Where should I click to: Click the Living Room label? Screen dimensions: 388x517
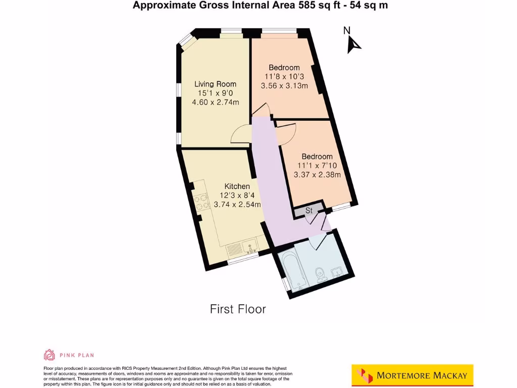coord(216,84)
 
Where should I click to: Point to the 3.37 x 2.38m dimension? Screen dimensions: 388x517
coord(317,175)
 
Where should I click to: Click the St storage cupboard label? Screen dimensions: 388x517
coord(309,211)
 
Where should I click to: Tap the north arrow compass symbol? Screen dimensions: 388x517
coord(352,44)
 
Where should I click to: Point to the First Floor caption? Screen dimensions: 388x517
coord(238,309)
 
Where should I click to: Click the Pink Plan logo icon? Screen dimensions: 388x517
coord(49,355)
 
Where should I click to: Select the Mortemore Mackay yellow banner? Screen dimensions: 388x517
coord(412,375)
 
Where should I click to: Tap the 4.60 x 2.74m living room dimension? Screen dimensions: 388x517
coord(216,102)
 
